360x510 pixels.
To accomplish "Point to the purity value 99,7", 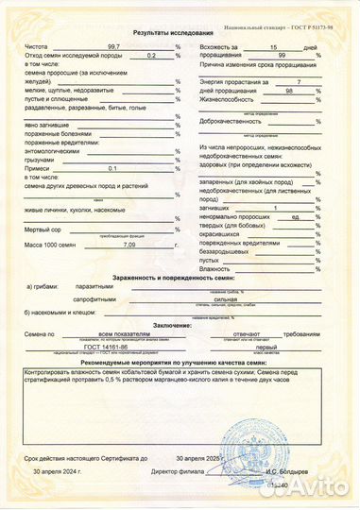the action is click(113, 46).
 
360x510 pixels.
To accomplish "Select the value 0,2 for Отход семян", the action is click(151, 57).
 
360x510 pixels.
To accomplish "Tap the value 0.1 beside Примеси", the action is click(113, 167).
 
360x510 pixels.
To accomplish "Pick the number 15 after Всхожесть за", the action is click(274, 46).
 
